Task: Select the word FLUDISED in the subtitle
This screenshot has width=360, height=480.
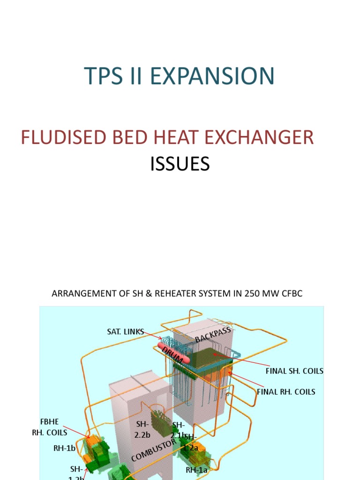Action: pyautogui.click(x=61, y=137)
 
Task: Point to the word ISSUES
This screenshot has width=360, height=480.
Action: pyautogui.click(x=180, y=164)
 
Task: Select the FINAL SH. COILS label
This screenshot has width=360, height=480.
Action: pyautogui.click(x=294, y=371)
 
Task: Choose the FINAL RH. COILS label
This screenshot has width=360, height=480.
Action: pyautogui.click(x=286, y=391)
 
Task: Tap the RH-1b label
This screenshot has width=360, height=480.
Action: pyautogui.click(x=64, y=448)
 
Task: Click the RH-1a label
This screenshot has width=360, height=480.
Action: pyautogui.click(x=196, y=469)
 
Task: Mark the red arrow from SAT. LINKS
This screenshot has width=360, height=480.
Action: pyautogui.click(x=151, y=336)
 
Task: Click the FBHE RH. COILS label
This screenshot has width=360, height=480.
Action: pyautogui.click(x=50, y=427)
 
